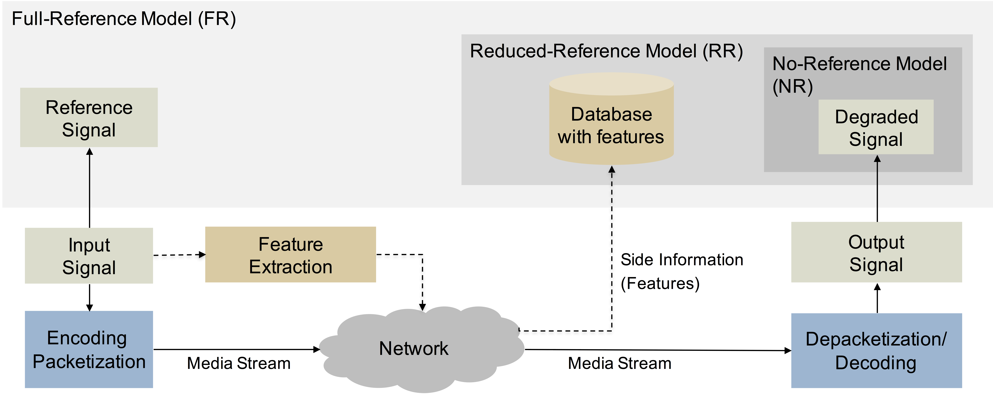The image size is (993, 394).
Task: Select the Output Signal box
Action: (x=876, y=253)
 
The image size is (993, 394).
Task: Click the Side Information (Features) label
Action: (x=682, y=271)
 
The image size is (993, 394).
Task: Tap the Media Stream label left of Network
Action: (x=239, y=363)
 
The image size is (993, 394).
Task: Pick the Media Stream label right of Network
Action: (x=620, y=363)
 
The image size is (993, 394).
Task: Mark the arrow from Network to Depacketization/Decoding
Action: (x=657, y=350)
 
